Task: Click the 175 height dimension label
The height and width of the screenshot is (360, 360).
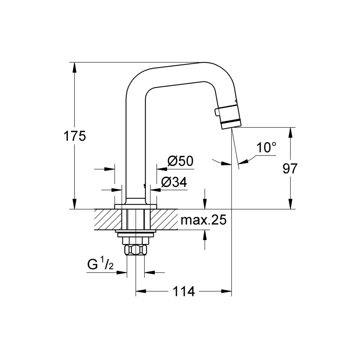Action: pos(75,136)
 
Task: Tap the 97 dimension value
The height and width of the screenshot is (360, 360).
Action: pos(290,168)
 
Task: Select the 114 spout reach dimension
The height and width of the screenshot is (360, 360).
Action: pos(184,292)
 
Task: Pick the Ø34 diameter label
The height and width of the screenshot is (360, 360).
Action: pos(174,182)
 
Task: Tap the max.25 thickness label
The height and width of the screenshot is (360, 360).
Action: pos(203,220)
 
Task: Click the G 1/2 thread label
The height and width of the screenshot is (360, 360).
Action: pos(100,265)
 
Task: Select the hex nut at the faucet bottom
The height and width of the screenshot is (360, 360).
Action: pos(135,249)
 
